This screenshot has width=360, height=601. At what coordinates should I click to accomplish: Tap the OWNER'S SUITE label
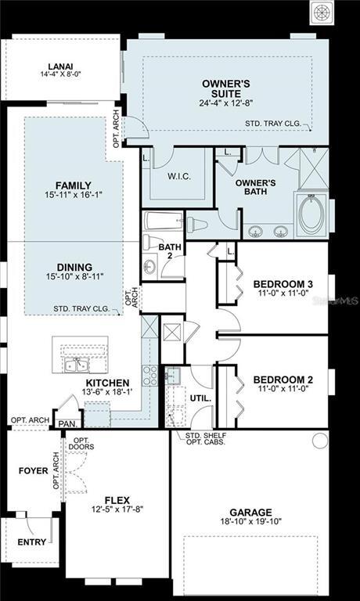pos(225,87)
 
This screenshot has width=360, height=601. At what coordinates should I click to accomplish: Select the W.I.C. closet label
pos(179,177)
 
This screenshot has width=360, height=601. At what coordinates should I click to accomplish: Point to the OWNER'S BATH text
pos(255,189)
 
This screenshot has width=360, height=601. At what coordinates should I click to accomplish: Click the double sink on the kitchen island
pos(77,364)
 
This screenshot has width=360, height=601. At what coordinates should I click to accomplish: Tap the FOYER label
pos(33,471)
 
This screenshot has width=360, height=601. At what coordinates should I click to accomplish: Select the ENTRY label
pos(31,541)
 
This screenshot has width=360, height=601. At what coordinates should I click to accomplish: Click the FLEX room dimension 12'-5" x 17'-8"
pos(116,509)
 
